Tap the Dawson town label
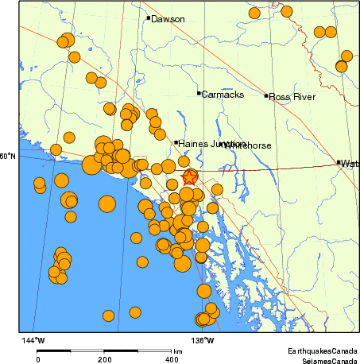click(x=168, y=19)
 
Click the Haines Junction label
click(x=211, y=144)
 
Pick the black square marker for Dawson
click(x=149, y=17)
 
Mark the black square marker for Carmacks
click(x=199, y=93)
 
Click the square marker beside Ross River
click(x=266, y=96)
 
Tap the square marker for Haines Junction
click(x=176, y=142)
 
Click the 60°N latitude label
click(x=7, y=157)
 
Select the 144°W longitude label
click(x=33, y=340)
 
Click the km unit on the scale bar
click(x=177, y=350)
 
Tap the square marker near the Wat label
click(x=339, y=162)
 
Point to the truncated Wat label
click(x=350, y=164)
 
